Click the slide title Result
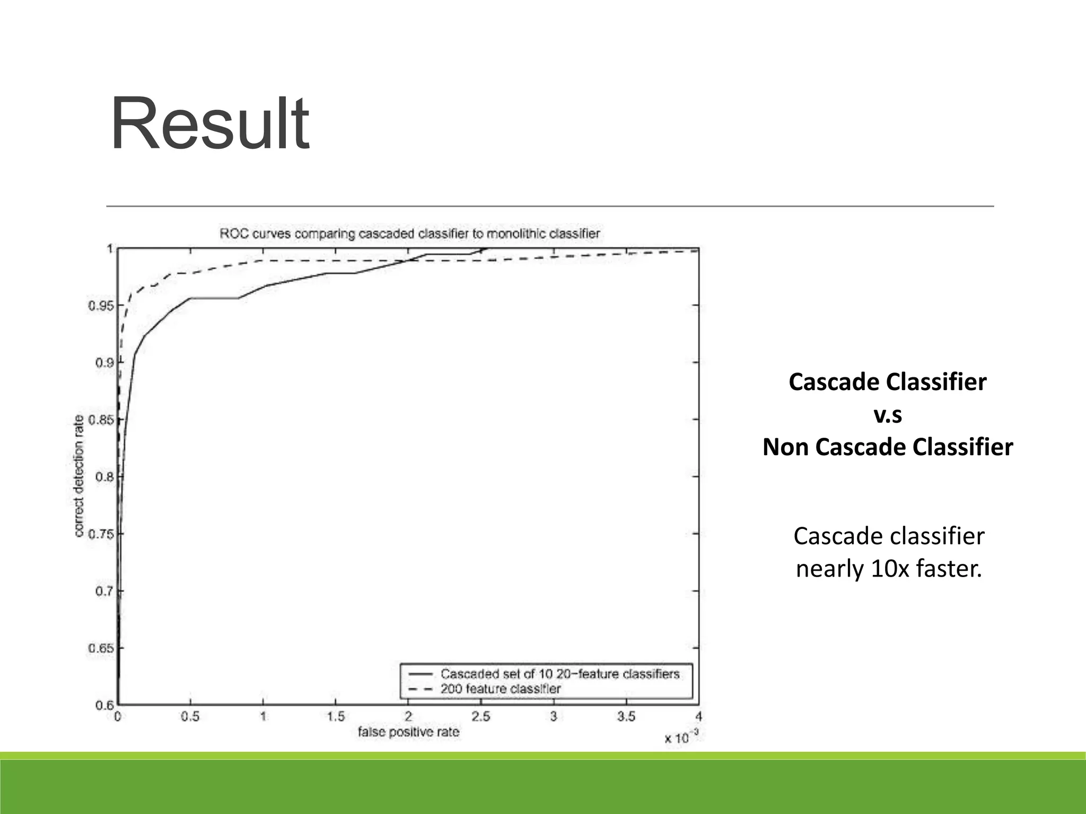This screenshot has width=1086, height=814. pyautogui.click(x=209, y=125)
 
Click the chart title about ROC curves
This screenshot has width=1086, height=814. pyautogui.click(x=409, y=234)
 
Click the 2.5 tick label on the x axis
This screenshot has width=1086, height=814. pyautogui.click(x=480, y=716)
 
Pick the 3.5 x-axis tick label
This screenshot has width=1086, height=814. pyautogui.click(x=626, y=716)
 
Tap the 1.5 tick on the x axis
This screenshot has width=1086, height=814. pyautogui.click(x=335, y=716)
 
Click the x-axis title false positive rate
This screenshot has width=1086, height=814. pyautogui.click(x=408, y=732)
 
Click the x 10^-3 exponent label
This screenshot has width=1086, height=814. pyautogui.click(x=682, y=737)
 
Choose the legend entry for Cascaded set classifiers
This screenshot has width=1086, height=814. pyautogui.click(x=559, y=674)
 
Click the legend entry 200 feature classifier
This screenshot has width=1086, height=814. pyautogui.click(x=500, y=689)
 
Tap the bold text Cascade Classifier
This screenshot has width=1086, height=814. pyautogui.click(x=887, y=382)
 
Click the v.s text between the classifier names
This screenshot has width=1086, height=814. pyautogui.click(x=887, y=415)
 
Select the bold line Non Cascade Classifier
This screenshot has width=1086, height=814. pyautogui.click(x=887, y=447)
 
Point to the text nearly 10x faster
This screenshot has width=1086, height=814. pyautogui.click(x=889, y=569)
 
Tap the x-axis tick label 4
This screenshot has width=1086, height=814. pyautogui.click(x=698, y=716)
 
